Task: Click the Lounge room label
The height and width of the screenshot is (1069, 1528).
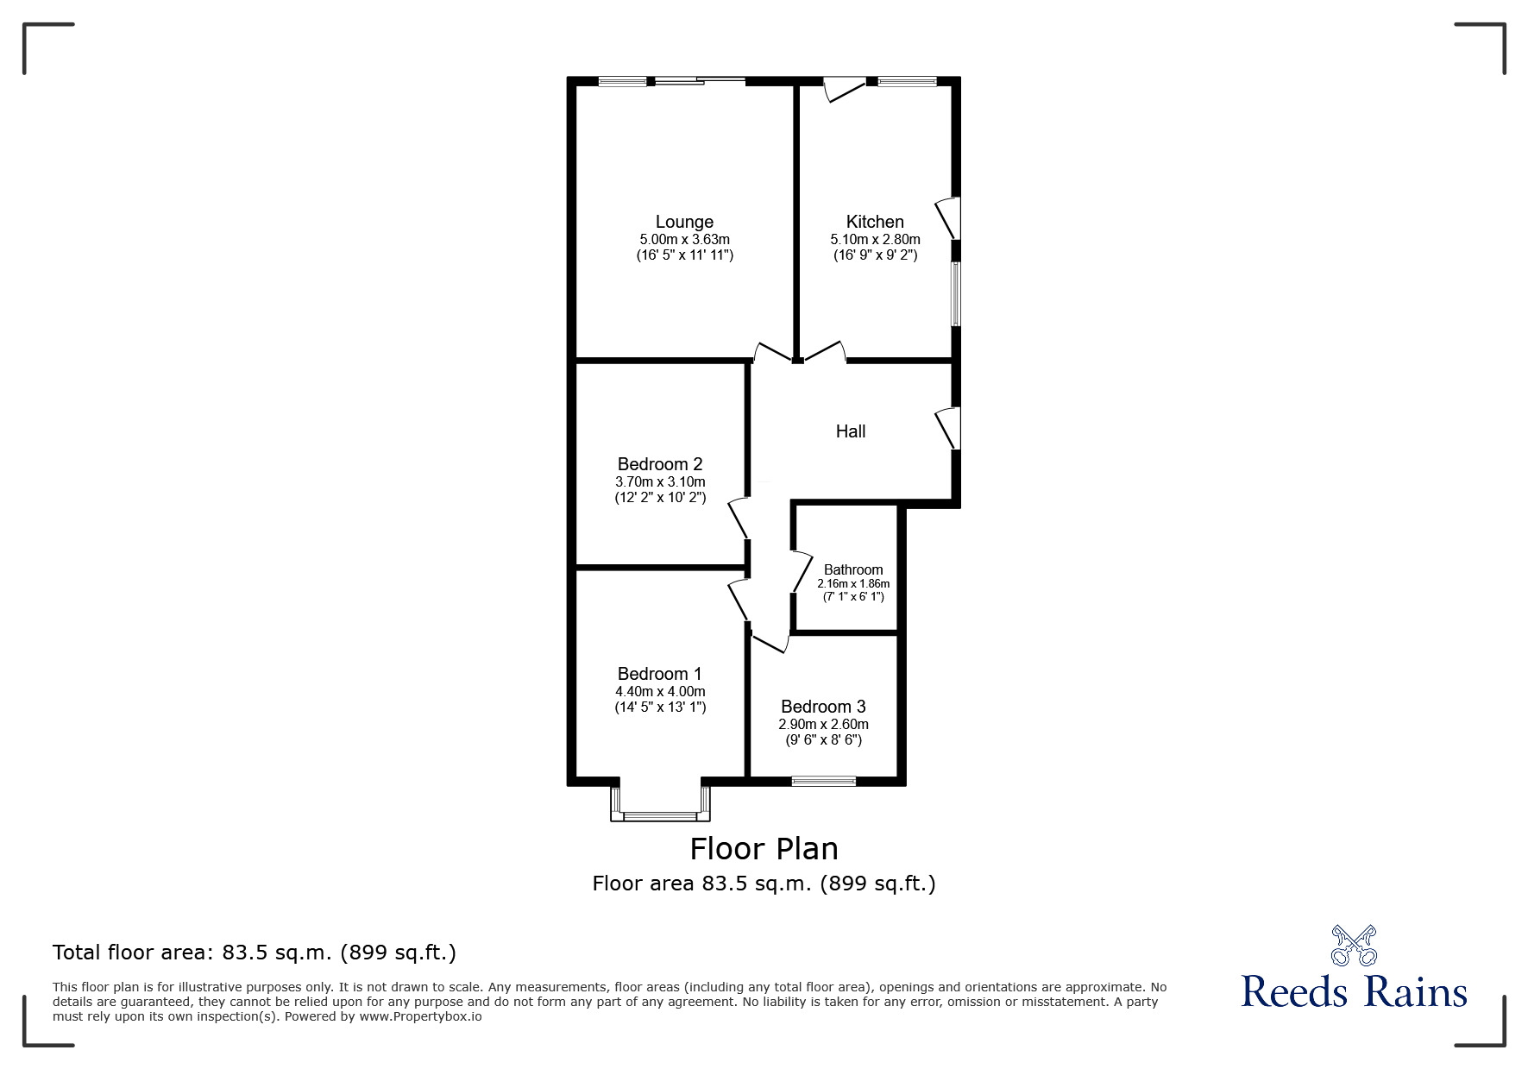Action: coord(684,222)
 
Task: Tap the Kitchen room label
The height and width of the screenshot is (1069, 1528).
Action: coord(875,222)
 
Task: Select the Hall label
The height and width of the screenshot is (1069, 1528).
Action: coord(851,431)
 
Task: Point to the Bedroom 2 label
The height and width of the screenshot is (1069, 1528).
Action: coord(660,464)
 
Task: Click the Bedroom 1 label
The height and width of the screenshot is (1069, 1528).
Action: coord(660,674)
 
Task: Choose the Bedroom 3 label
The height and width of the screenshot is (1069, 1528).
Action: coord(823,707)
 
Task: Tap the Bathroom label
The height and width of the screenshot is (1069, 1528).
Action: coord(853,569)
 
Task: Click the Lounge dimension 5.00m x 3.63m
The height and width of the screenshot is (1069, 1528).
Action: coord(684,239)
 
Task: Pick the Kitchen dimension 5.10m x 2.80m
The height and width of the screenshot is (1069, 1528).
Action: coord(875,239)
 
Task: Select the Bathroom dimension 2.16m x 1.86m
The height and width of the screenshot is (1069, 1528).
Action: coord(853,583)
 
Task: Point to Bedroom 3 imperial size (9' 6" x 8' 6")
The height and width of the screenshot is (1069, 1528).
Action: coord(823,740)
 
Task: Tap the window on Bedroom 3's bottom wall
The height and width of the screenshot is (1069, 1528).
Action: coord(824,782)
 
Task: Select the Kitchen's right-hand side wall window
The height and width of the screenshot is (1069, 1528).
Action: coord(955,294)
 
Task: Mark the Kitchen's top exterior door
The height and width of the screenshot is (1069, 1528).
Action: coord(844,89)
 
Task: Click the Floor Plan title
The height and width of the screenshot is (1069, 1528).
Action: coord(764,849)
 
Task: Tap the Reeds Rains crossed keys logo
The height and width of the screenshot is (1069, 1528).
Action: coord(1354,945)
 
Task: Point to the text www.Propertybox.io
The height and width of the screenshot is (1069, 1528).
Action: coord(421,1016)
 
